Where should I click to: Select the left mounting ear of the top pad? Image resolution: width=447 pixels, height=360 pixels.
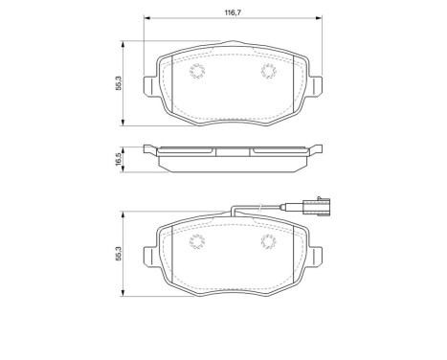[x=148, y=85]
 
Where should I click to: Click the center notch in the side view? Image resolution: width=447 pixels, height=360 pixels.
[x=231, y=151]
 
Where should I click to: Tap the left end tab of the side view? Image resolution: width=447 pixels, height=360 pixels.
[x=149, y=149]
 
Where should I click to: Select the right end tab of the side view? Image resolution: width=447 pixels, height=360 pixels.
[x=312, y=149]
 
